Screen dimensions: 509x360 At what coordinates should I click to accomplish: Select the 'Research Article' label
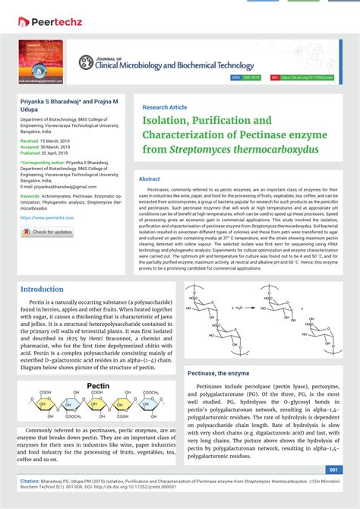tap(164, 107)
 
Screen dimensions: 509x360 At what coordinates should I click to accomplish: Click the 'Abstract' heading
tap(150, 179)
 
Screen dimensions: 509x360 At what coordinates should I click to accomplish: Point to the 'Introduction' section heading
tap(42, 289)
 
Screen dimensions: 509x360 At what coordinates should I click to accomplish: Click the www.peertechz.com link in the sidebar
tap(47, 217)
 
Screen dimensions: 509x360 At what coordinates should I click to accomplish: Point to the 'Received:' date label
tap(30, 141)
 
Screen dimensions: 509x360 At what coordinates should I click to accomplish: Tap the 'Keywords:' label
tap(31, 195)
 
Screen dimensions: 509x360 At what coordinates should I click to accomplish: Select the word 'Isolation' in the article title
tap(169, 121)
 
